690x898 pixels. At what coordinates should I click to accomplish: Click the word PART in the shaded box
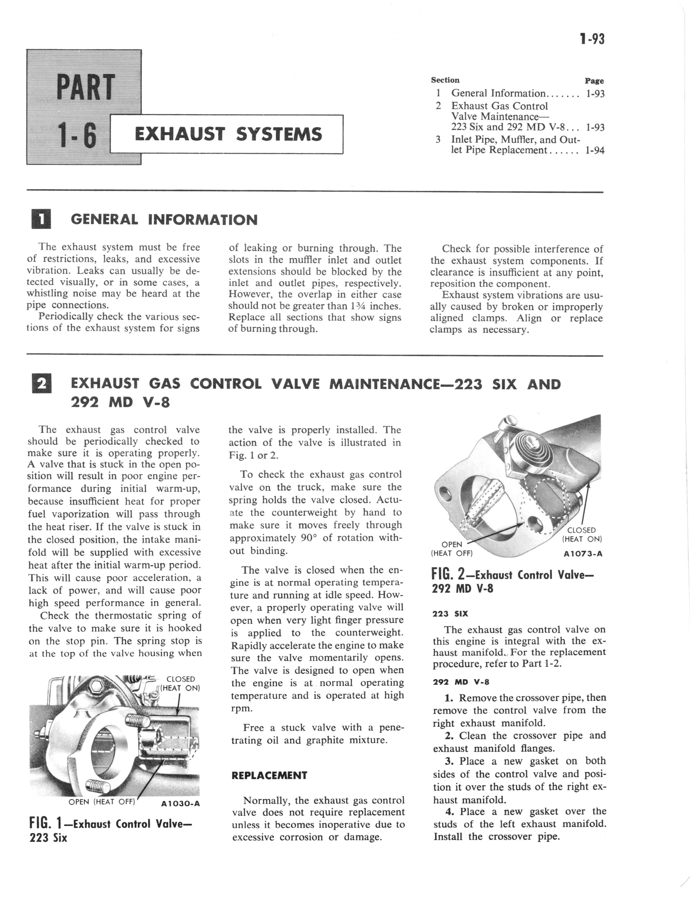pos(85,87)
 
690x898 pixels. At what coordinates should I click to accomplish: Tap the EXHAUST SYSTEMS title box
pos(227,135)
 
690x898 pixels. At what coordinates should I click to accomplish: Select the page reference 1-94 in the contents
pos(595,150)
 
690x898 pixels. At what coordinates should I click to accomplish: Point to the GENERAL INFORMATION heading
pos(164,220)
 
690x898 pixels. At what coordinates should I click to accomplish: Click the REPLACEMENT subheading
pos(269,775)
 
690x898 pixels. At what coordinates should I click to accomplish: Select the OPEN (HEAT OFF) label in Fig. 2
pos(452,549)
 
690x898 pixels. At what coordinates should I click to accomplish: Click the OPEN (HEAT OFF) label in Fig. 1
pos(102,801)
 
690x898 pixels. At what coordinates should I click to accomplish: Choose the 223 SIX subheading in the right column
pos(450,614)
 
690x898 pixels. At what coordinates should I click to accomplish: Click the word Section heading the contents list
pos(445,80)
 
